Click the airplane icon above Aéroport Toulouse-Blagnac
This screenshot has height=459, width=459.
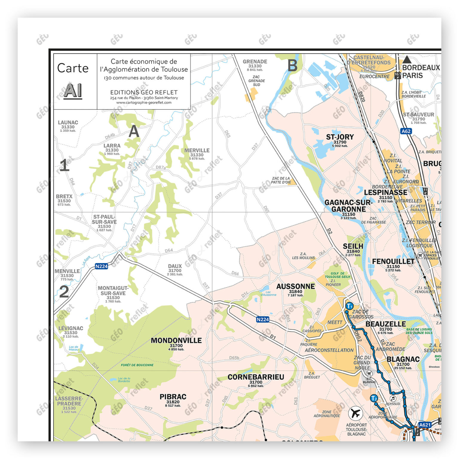tap(355, 414)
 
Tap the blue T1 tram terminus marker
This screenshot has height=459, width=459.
tap(349, 306)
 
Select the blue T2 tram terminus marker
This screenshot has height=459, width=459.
tap(374, 398)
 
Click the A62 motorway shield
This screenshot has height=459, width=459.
tap(406, 131)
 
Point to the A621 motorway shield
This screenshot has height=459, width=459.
tap(425, 425)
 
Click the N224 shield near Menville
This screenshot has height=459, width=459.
tap(101, 266)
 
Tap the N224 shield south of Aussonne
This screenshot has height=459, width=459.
tap(263, 319)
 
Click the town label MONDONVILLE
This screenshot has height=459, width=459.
tap(176, 340)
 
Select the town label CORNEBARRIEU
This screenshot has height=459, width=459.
tap(256, 377)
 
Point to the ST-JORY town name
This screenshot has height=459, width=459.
tap(340, 137)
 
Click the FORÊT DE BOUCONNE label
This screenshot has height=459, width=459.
tap(137, 365)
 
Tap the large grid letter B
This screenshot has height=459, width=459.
tap(292, 65)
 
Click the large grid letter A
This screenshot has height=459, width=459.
tap(134, 131)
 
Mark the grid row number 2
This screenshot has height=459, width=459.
tap(64, 292)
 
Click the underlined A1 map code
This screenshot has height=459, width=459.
tap(73, 91)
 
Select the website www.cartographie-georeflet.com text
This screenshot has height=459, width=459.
tap(144, 102)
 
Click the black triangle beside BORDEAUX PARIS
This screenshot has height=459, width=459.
tap(406, 59)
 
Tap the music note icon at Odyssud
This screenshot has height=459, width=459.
tap(393, 399)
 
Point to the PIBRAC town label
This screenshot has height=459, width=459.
tap(173, 397)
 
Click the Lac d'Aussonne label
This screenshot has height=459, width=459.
tap(268, 293)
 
